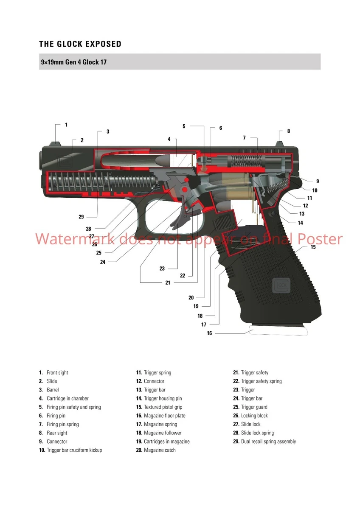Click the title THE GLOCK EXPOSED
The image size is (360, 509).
(80, 44)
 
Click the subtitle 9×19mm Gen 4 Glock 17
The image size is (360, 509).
(73, 62)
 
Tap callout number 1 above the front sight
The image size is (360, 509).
(66, 125)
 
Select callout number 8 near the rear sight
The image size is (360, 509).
(288, 131)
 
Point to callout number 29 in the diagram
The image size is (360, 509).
(81, 217)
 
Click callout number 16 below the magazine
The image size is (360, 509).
(209, 333)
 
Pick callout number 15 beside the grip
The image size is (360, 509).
(313, 247)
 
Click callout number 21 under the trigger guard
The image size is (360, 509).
(168, 282)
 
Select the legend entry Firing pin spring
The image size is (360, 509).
(62, 424)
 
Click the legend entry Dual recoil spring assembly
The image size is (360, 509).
(268, 442)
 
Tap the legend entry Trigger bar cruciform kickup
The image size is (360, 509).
(74, 450)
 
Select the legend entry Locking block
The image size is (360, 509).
(254, 416)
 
